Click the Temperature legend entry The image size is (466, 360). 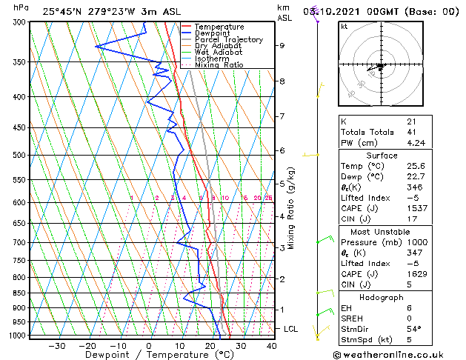[220, 27]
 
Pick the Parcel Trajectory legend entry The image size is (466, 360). [229, 40]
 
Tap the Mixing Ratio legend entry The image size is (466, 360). [219, 65]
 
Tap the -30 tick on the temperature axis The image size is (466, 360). [56, 346]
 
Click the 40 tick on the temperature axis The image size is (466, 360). [271, 346]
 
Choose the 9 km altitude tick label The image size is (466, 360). [282, 45]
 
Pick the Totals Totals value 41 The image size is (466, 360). [411, 132]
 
